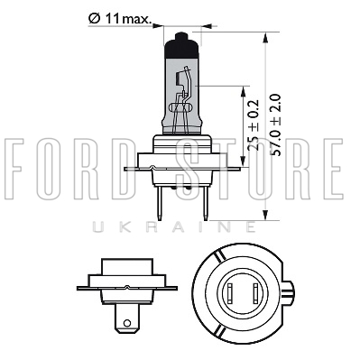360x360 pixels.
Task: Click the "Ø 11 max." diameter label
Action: click(120, 19)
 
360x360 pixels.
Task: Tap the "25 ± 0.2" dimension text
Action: click(254, 125)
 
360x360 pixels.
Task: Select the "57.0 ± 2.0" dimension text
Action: click(276, 125)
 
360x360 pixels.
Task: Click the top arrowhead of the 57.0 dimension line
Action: click(265, 38)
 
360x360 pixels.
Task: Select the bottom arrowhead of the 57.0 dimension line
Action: click(265, 215)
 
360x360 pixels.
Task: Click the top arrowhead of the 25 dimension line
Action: click(243, 91)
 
